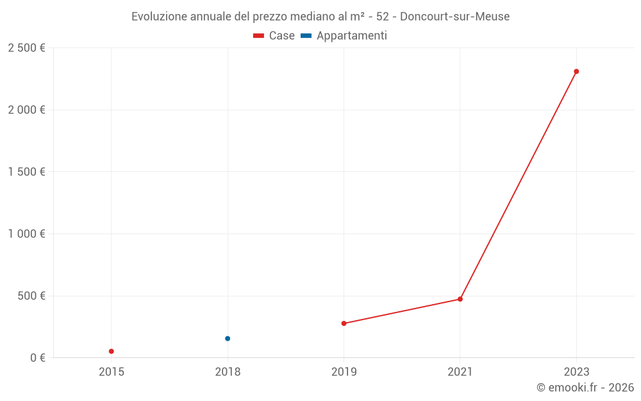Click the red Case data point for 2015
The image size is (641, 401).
coord(112,351)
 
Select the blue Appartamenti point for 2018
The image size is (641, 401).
coord(228,338)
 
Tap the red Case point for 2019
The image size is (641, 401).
coord(344,323)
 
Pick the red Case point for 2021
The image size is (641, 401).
coord(460,299)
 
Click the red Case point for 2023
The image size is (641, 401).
coord(576,71)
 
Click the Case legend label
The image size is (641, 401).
coord(281,36)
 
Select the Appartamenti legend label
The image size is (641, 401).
coord(351,36)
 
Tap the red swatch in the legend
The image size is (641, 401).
coord(258,36)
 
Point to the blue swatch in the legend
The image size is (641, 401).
coord(306,36)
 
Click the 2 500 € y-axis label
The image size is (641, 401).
coord(26,48)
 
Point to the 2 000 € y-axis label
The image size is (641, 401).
coord(26,110)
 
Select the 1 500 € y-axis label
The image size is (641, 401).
coord(26,172)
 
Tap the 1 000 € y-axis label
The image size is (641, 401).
coord(26,234)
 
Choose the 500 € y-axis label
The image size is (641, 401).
coord(31,296)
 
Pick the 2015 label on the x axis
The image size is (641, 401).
coord(112,371)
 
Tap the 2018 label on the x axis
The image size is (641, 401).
coord(228,371)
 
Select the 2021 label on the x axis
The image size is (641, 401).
coord(460,371)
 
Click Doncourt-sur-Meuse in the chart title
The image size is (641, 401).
coord(454,17)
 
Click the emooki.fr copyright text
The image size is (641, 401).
coord(585,388)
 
